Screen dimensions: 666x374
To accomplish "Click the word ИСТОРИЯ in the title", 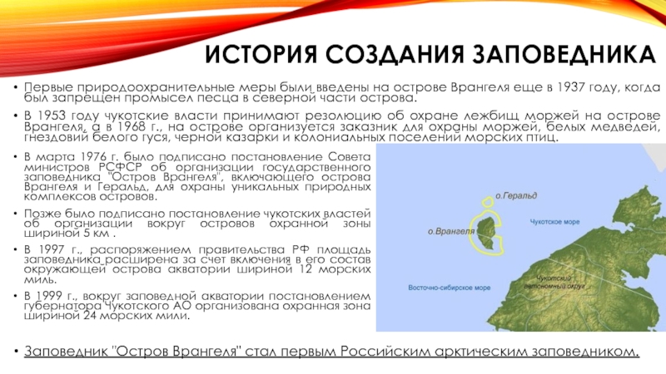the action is [261, 54].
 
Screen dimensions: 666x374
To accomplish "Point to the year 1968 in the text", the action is [119, 126].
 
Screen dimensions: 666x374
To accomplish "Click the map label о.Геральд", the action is [516, 195].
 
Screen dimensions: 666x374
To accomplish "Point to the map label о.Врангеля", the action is [450, 232].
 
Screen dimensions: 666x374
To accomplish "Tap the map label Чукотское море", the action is [554, 222].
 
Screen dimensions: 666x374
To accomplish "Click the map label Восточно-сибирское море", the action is [449, 288].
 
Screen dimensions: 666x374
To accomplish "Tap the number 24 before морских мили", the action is [90, 317].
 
